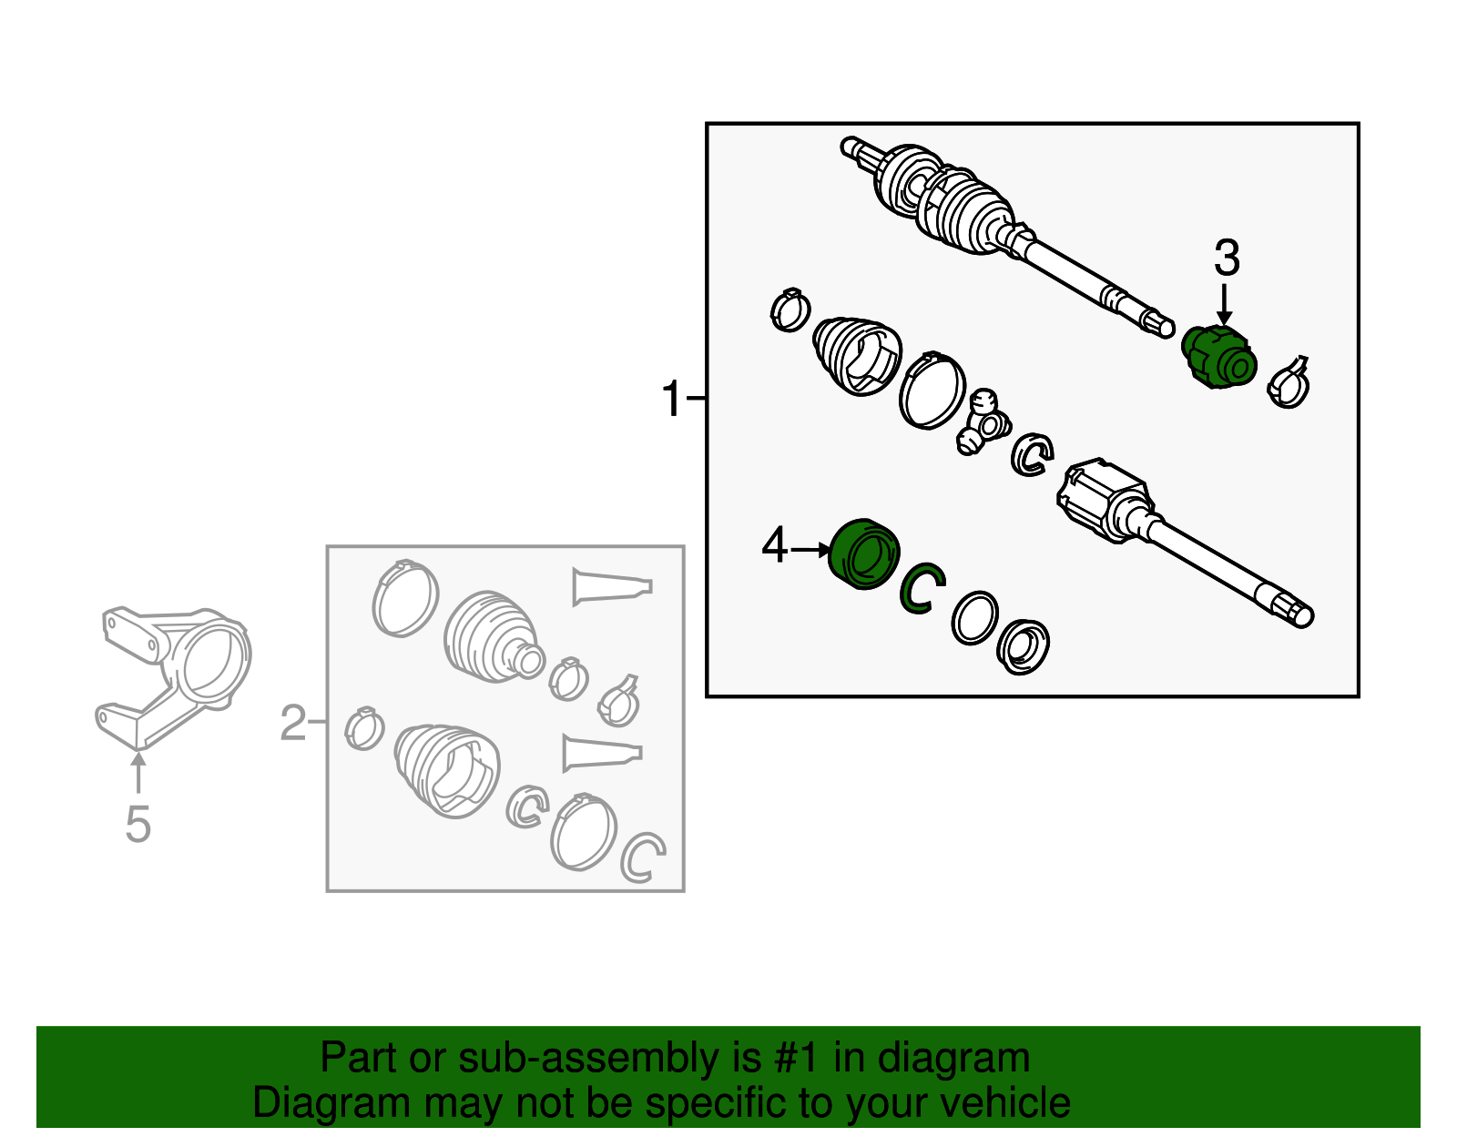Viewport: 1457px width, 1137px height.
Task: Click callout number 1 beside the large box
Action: [x=672, y=398]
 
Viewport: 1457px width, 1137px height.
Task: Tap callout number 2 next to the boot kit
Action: [x=293, y=722]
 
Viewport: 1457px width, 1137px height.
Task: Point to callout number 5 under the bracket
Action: [x=138, y=824]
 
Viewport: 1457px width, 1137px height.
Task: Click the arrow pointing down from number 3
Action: [x=1225, y=305]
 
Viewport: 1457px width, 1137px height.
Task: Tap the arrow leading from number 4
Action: [x=811, y=550]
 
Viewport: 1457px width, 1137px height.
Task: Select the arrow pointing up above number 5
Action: [x=138, y=773]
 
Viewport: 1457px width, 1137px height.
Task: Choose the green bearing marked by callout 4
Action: [x=863, y=554]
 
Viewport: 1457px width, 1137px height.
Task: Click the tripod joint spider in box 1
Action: [x=982, y=422]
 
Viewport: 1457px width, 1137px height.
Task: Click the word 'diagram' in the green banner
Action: [x=953, y=1059]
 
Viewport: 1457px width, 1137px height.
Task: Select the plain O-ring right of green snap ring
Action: [x=974, y=618]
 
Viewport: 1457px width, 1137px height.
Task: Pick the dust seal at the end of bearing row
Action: [x=1023, y=646]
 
